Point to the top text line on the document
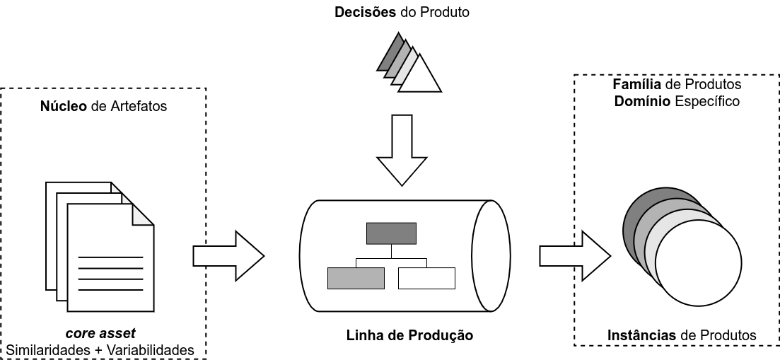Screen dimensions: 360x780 [x=110, y=257]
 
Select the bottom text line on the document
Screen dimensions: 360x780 [x=110, y=290]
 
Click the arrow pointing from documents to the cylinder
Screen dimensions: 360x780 [x=228, y=255]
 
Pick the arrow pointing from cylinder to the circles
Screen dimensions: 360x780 [x=574, y=255]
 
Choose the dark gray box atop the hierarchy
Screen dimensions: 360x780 [x=391, y=233]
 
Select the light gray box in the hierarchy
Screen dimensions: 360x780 [x=356, y=278]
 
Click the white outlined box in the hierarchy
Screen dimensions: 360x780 [x=426, y=278]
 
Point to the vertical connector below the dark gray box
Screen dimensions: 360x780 [x=391, y=251]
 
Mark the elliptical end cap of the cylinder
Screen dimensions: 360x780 [x=491, y=255]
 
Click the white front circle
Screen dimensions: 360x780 [x=698, y=262]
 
